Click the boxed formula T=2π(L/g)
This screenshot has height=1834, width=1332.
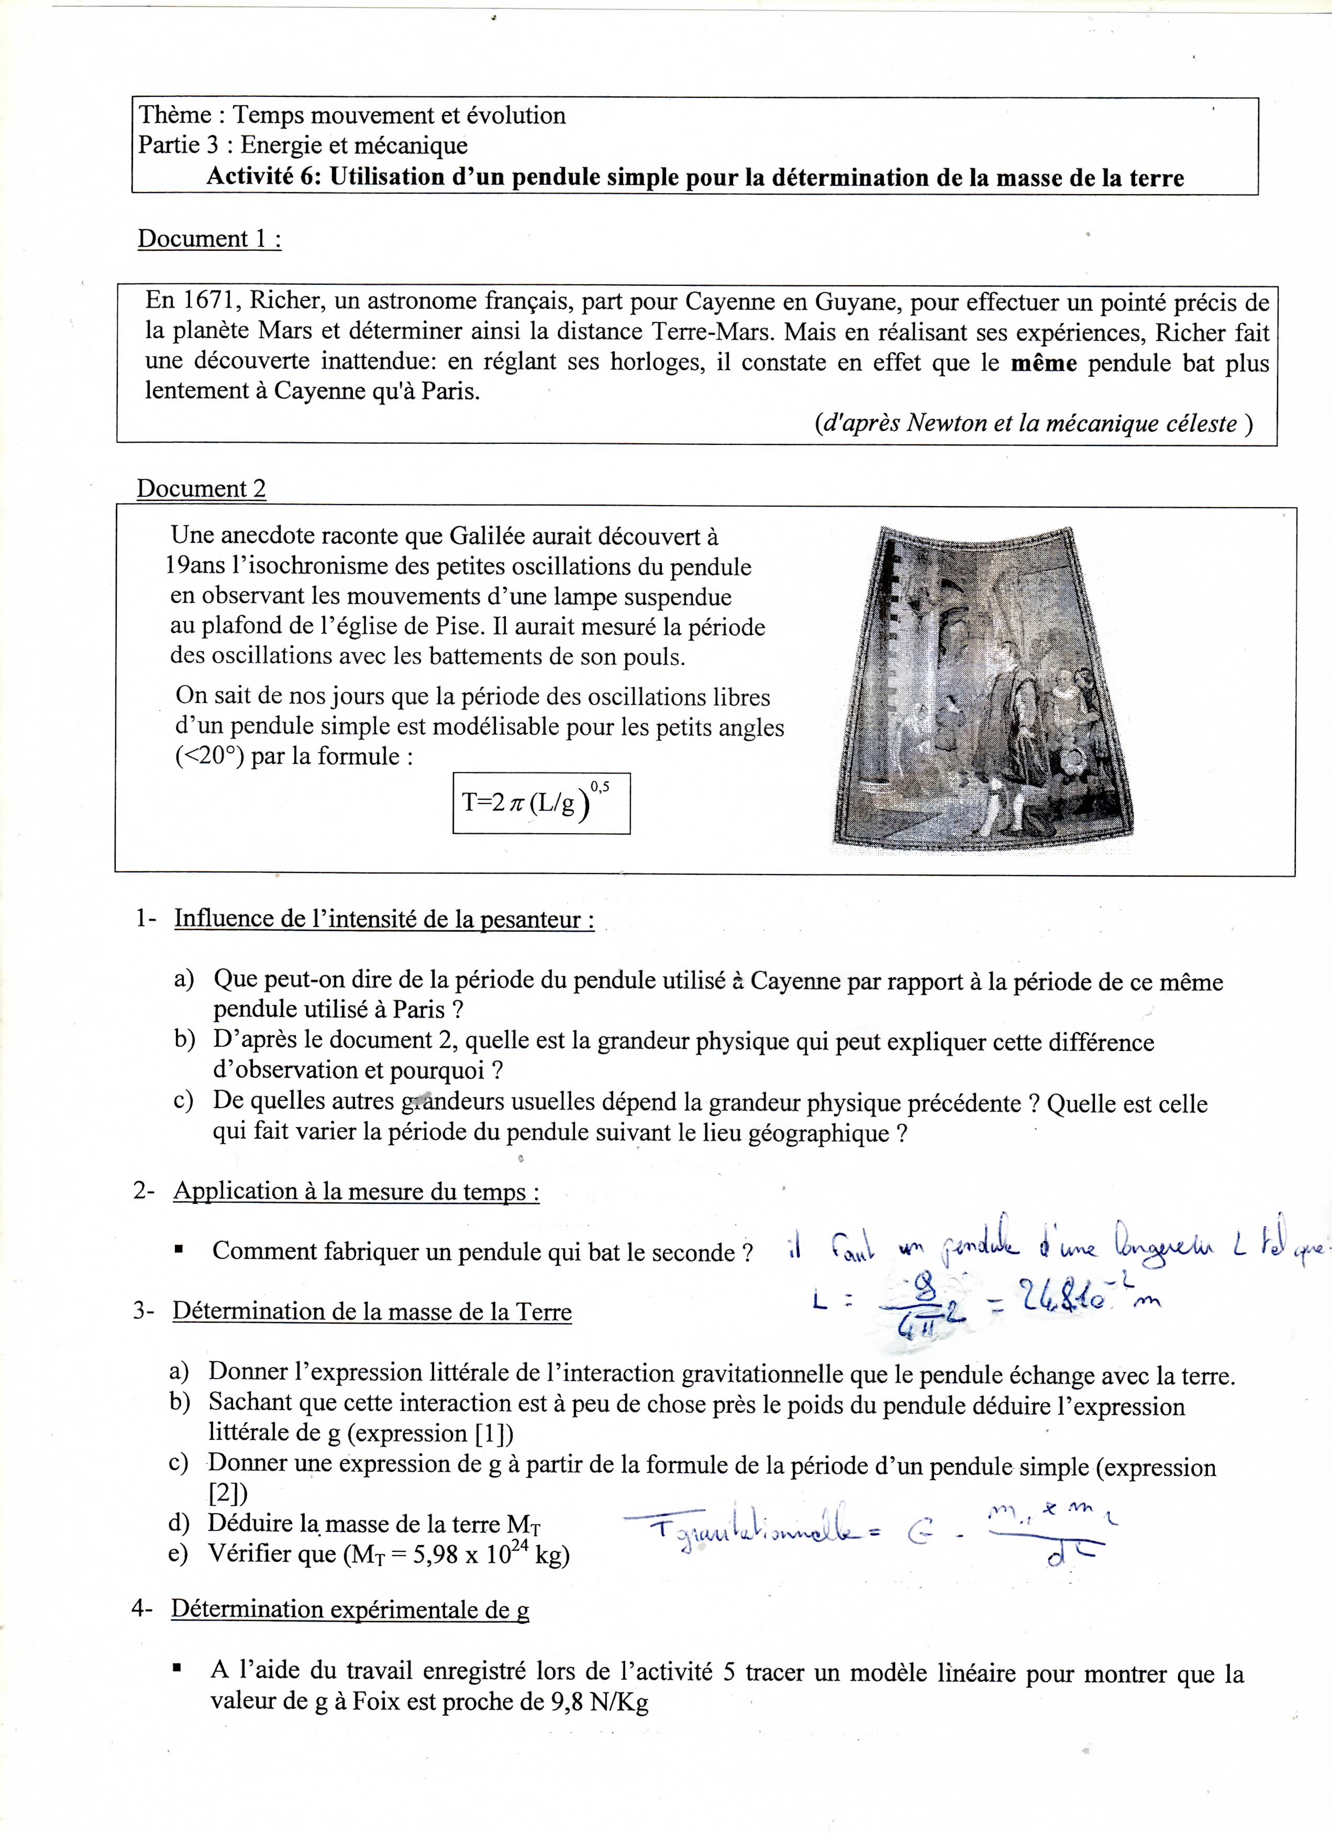coord(541,803)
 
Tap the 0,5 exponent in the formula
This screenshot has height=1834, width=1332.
coord(600,785)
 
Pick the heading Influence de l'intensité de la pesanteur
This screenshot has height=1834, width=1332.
coord(384,920)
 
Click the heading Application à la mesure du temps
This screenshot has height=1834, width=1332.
coord(356,1191)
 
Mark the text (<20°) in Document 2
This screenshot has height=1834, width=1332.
coord(209,757)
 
